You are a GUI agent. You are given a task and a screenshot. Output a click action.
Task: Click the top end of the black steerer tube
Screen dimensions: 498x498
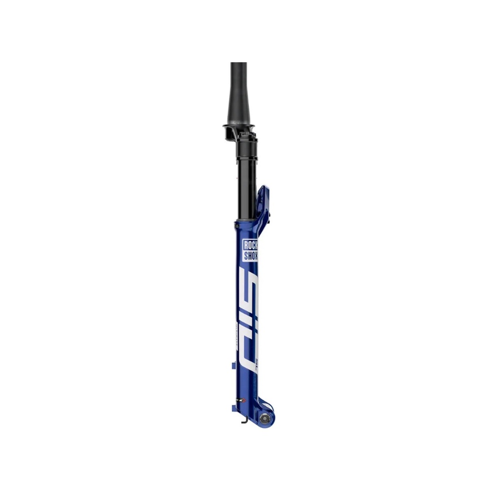point(238,64)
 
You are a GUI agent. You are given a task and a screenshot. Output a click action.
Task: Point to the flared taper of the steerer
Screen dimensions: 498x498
point(238,109)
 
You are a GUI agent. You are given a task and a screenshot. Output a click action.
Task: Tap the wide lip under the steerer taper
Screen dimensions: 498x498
point(239,127)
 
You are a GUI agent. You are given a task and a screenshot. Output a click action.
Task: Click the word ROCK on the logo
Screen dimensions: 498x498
point(250,245)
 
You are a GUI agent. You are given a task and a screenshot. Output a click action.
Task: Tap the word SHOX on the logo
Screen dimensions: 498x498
point(250,256)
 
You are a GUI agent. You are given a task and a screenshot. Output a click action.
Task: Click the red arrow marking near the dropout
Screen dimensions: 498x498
point(243,400)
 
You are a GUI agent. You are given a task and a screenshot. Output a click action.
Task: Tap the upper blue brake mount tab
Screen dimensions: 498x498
point(233,366)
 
